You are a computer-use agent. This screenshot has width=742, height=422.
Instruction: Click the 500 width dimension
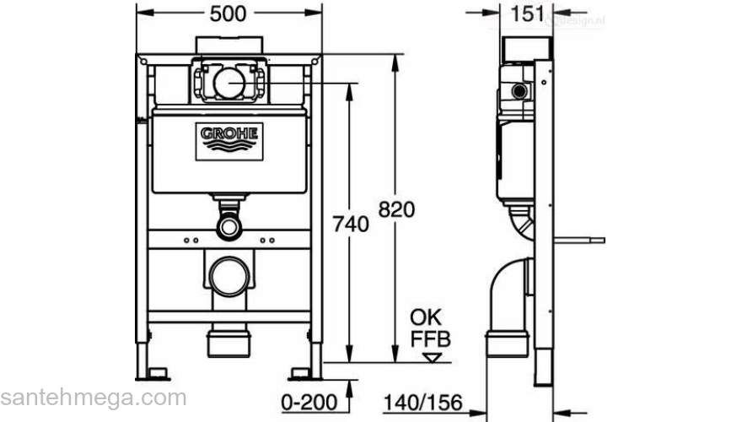coord(229,14)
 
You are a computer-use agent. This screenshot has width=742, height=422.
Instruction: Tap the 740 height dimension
coord(352,225)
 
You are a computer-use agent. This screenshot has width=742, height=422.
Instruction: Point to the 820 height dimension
coord(396,210)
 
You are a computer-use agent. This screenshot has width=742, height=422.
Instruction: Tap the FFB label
coord(431,339)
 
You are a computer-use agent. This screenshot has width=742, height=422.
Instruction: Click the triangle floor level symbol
coord(433,357)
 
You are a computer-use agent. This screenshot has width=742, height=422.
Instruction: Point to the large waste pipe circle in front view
coord(229,276)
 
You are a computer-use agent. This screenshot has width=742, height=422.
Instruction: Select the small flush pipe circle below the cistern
coord(229,225)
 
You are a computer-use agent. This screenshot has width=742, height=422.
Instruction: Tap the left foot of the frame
coord(155,371)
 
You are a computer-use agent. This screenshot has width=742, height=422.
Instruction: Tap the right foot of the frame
coord(302,371)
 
